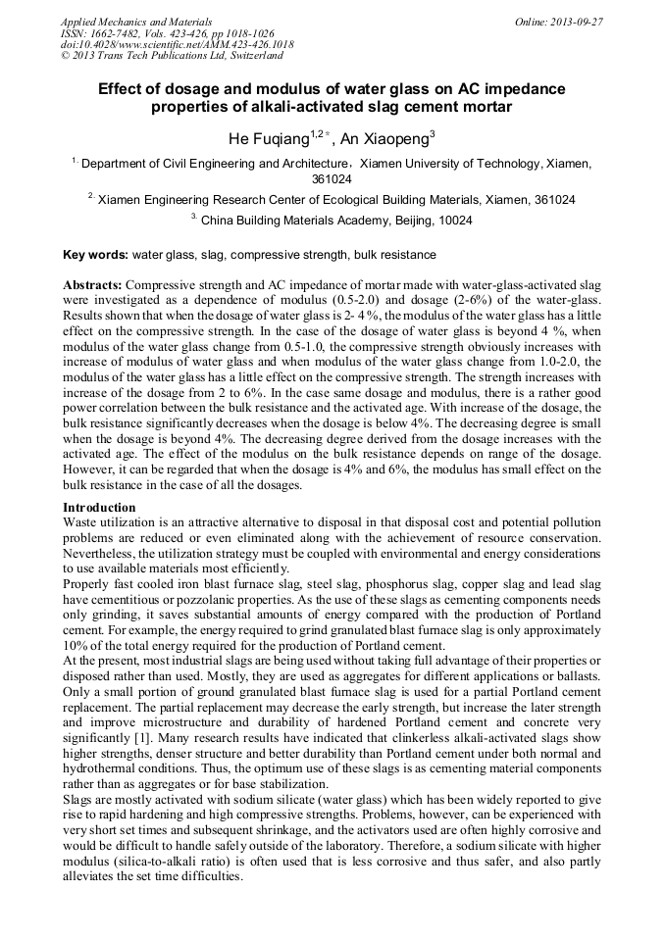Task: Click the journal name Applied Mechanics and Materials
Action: pyautogui.click(x=136, y=21)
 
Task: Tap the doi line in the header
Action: pyautogui.click(x=177, y=44)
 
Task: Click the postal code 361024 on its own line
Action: pyautogui.click(x=332, y=179)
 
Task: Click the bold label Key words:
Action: pyautogui.click(x=96, y=255)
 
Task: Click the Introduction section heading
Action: pyautogui.click(x=99, y=507)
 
